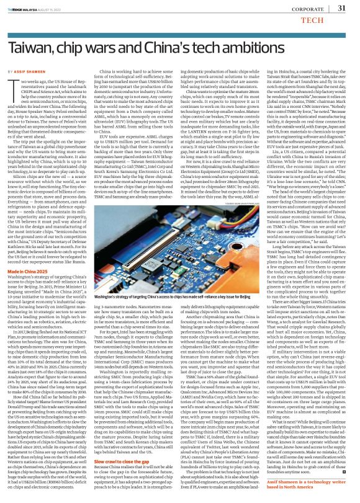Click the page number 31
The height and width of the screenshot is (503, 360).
pos(341,8)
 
